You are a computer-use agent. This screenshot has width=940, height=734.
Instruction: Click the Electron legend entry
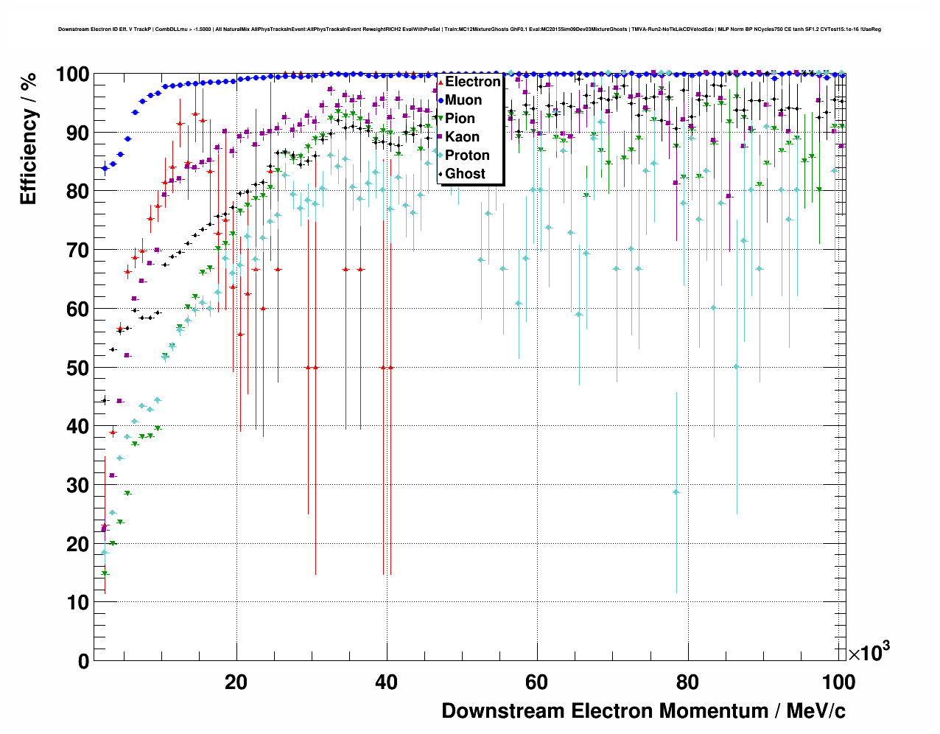pos(472,82)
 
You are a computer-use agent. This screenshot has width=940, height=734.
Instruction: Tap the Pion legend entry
pos(460,119)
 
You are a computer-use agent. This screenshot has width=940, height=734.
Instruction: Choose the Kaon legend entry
pos(462,137)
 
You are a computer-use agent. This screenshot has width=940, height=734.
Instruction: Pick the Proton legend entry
pos(467,155)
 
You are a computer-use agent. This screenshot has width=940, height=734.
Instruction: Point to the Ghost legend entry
pos(465,174)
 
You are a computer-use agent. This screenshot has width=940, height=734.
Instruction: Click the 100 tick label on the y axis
pos(73,74)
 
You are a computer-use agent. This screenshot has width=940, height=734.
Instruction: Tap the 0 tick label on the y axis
pos(83,661)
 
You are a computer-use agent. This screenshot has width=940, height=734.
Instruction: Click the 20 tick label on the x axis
pos(236,682)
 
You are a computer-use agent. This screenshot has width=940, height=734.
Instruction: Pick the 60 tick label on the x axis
pos(537,682)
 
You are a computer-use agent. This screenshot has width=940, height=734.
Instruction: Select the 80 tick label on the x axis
pos(687,682)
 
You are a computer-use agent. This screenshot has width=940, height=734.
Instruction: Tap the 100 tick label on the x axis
pos(838,682)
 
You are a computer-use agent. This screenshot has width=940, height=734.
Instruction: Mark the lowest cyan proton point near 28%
pos(676,492)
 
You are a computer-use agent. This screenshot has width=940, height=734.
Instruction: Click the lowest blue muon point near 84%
pos(105,168)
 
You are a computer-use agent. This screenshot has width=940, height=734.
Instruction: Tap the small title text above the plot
pos(469,29)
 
